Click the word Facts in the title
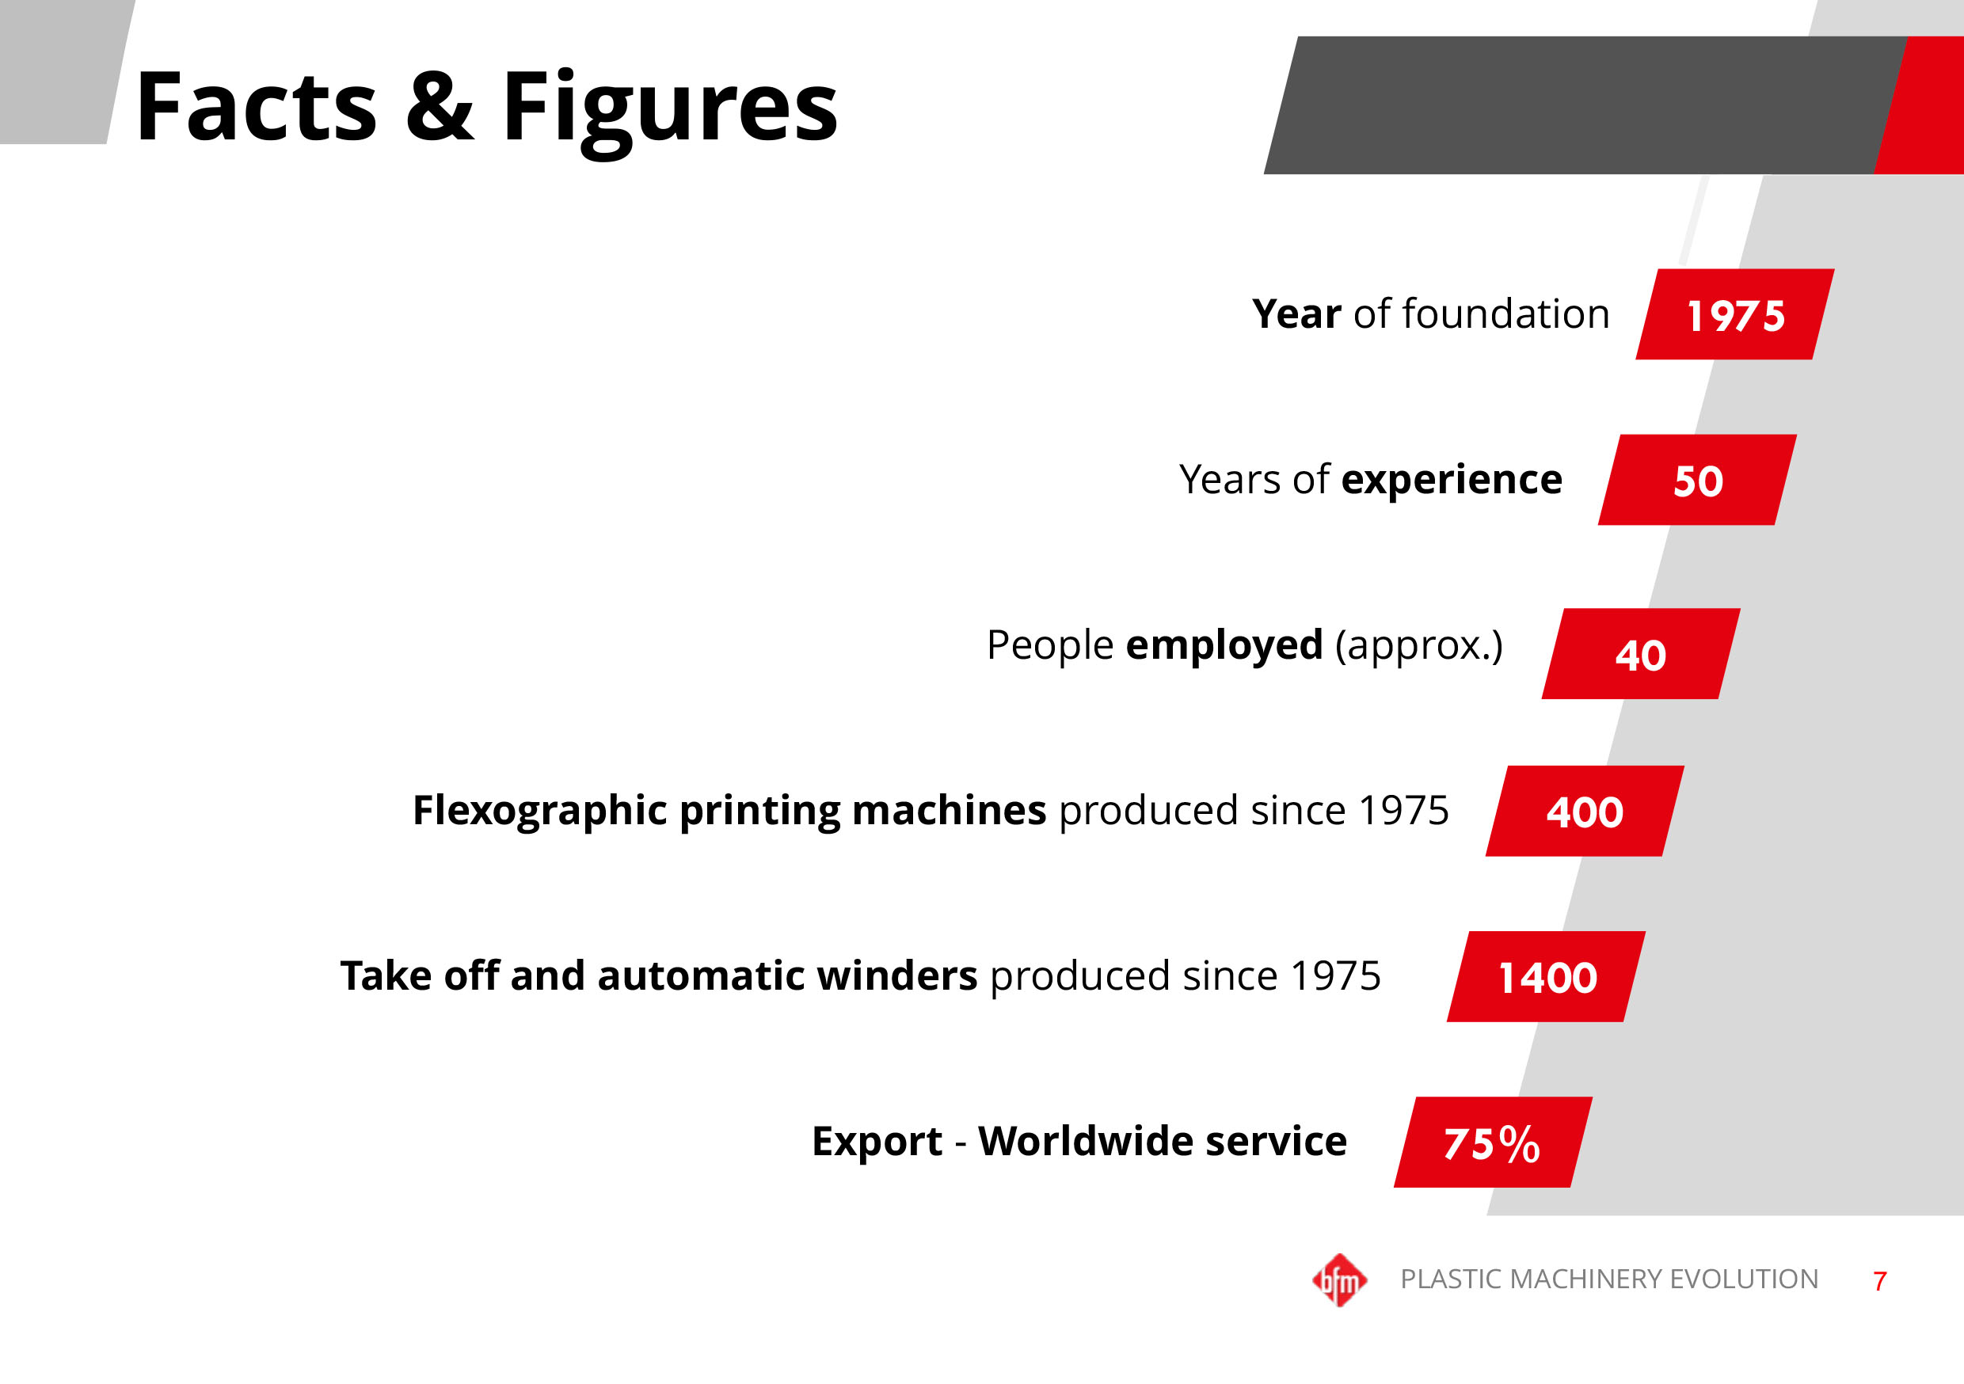point(256,107)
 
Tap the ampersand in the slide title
point(439,107)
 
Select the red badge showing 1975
point(1735,315)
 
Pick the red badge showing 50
point(1697,480)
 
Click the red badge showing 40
point(1641,654)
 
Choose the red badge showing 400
point(1584,811)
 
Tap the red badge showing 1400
point(1547,977)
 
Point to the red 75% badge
point(1493,1143)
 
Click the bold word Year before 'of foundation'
point(1296,314)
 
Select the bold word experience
point(1452,480)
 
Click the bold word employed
point(1224,646)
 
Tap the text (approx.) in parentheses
point(1418,646)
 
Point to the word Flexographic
point(539,811)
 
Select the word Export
point(877,1142)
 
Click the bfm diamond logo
point(1339,1280)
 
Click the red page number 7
point(1879,1281)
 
